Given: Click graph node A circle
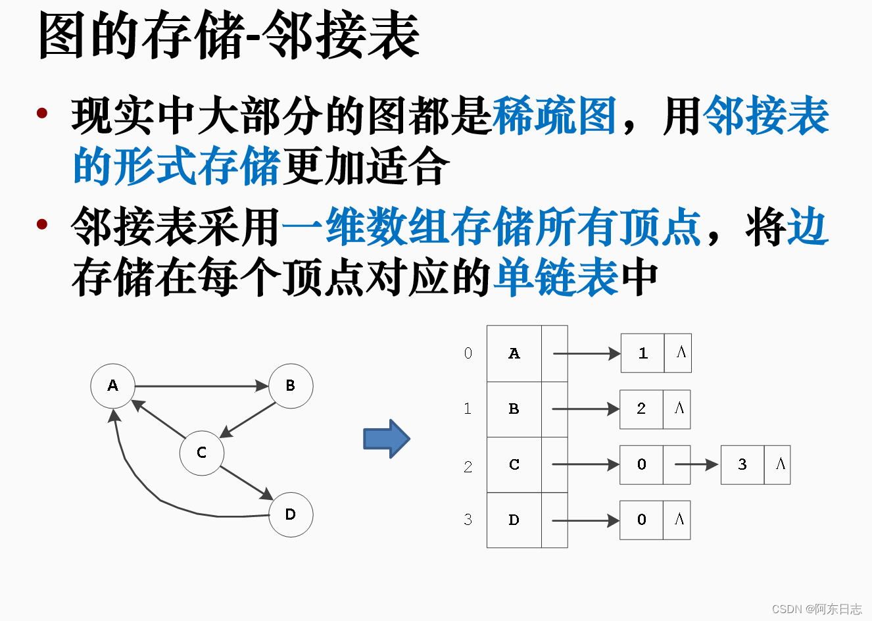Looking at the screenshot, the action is pos(112,385).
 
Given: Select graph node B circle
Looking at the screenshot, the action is pos(291,385).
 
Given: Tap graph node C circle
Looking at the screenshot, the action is pos(202,453).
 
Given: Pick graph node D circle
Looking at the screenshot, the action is pos(291,514).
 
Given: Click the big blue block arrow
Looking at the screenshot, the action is pos(387,439).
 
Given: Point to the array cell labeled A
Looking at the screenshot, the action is pos(514,354).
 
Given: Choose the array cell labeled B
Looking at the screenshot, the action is pos(514,409).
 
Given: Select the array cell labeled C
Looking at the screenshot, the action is pos(514,464).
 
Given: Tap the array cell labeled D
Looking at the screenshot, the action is pos(514,520).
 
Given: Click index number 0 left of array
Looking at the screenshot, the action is pos(468,353).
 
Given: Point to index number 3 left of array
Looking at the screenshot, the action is pos(468,520).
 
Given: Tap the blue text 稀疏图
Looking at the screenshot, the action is pos(554,116).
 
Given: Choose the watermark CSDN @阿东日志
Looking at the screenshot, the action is pos(816,609).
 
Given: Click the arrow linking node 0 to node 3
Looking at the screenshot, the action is pos(697,464).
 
